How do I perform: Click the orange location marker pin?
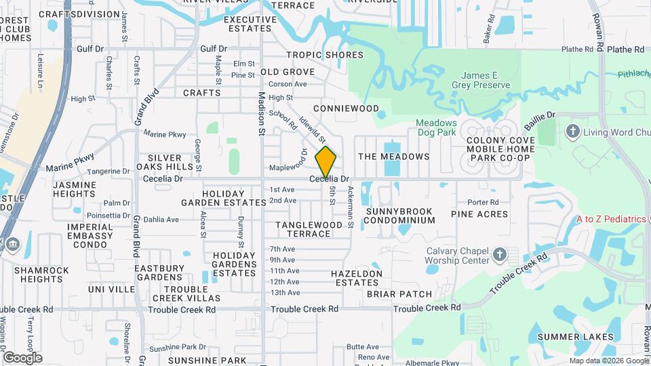326,162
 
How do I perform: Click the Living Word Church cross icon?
573,130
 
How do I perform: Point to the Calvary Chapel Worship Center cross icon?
500,255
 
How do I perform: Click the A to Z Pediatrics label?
610,219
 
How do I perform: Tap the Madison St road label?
261,113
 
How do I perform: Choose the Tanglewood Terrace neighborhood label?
309,228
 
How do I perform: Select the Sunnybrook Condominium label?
400,216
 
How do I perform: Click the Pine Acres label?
479,214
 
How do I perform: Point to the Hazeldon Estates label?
356,278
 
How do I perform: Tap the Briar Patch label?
399,294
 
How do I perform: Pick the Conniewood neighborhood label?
346,108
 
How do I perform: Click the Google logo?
22,357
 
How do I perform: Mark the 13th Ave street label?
285,293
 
